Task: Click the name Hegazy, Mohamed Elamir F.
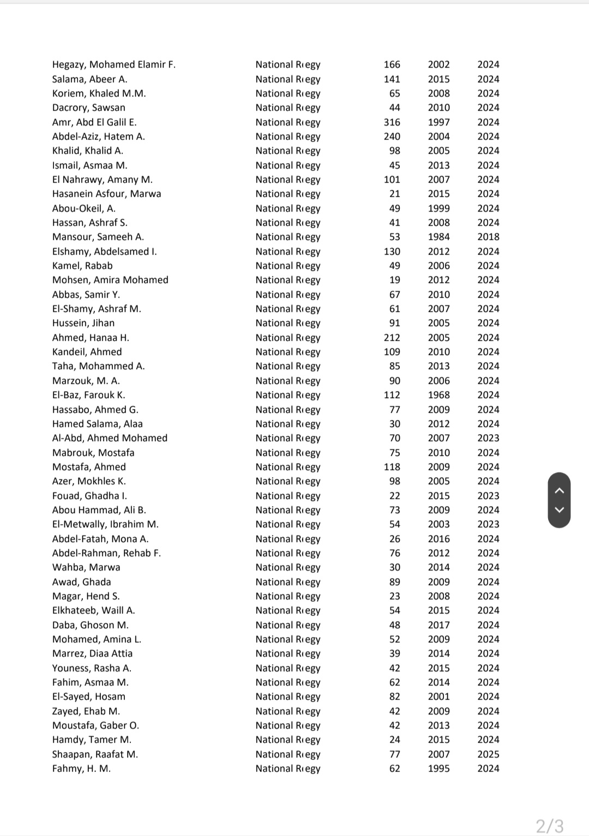click(x=113, y=64)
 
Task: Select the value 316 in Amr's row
click(x=392, y=122)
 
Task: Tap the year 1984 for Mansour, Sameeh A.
click(x=438, y=237)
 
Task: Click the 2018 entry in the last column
click(x=488, y=237)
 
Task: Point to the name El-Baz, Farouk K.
click(x=88, y=395)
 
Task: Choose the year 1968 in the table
click(x=438, y=395)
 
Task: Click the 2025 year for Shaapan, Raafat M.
click(x=488, y=754)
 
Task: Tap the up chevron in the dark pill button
click(x=559, y=490)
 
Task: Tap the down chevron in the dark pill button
click(x=559, y=510)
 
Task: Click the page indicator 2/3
click(x=549, y=826)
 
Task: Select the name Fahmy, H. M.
click(x=81, y=768)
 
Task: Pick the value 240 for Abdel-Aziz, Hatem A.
click(x=392, y=136)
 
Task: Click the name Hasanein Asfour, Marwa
click(x=106, y=194)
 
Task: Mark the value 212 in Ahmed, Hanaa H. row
click(x=392, y=338)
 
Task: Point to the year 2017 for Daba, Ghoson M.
click(x=438, y=625)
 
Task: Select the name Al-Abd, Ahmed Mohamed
click(x=110, y=438)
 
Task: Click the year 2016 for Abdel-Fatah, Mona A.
click(x=438, y=539)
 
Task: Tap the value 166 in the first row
click(x=392, y=64)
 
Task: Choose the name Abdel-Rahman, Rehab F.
click(x=106, y=553)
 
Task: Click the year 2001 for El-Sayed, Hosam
click(x=438, y=696)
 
